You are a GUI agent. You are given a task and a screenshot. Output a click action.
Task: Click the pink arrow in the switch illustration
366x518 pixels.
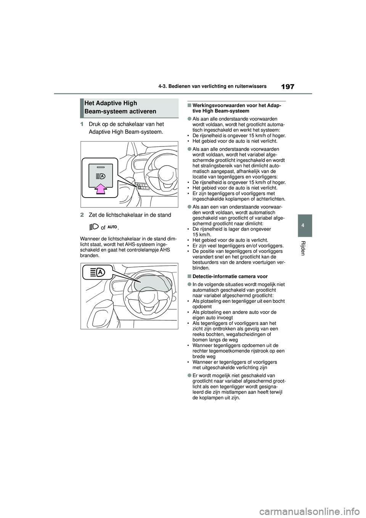[x=101, y=188]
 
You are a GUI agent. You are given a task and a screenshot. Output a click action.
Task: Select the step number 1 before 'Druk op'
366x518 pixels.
[x=82, y=124]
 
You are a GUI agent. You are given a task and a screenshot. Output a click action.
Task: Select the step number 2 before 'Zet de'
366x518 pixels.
[x=82, y=215]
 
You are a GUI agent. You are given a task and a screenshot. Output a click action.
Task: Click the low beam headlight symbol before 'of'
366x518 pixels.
[x=94, y=227]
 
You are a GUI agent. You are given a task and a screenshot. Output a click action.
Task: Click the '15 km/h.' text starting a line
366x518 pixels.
[x=201, y=235]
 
